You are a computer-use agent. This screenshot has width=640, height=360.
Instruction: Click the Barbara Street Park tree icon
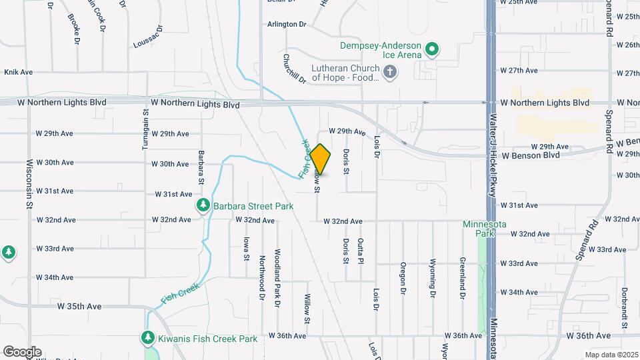click(x=203, y=206)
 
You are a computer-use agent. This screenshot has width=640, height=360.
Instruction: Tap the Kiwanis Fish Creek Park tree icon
click(x=147, y=339)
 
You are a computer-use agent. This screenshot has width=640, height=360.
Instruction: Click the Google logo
click(x=22, y=351)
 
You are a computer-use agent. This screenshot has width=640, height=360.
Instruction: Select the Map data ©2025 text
click(x=610, y=355)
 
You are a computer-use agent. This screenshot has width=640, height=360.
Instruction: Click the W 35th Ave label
click(x=79, y=307)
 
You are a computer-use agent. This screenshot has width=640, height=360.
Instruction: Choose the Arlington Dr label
click(x=287, y=24)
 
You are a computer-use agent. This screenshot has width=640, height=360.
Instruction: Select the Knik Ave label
click(x=19, y=71)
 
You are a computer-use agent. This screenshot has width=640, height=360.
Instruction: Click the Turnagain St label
click(x=145, y=131)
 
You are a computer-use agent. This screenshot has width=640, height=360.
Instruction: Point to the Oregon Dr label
click(x=403, y=278)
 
